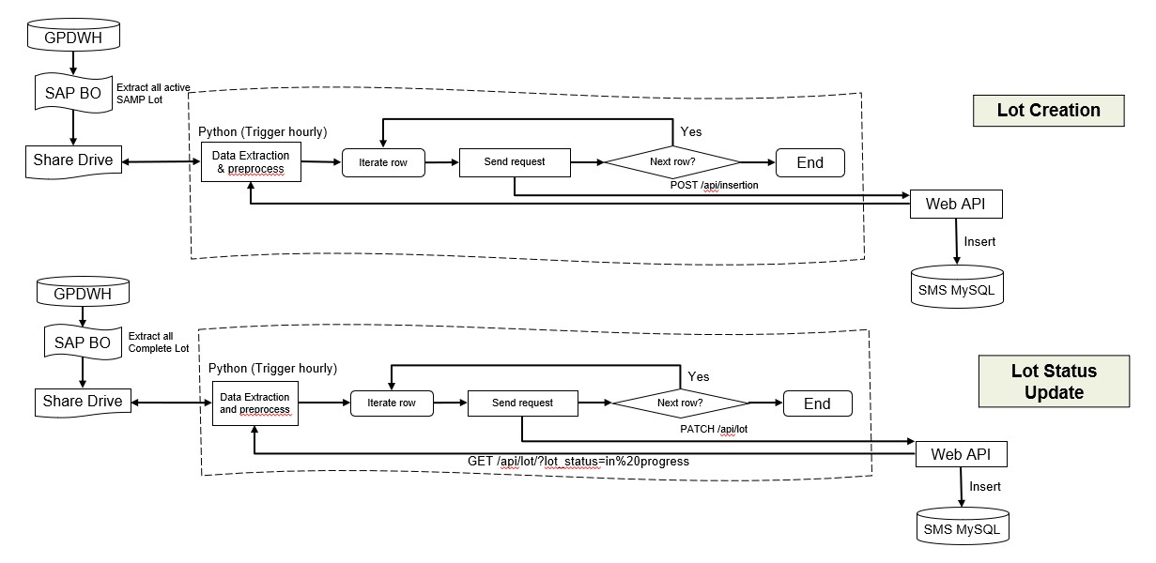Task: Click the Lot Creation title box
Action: [x=1048, y=110]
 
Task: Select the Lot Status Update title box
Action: [x=1054, y=381]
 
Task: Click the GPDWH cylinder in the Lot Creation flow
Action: [x=73, y=38]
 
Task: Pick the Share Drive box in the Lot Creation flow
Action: [x=72, y=160]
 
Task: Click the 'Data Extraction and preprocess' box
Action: [x=254, y=403]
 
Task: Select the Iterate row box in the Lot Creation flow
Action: [x=382, y=162]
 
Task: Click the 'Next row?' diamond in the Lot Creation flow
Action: [x=672, y=162]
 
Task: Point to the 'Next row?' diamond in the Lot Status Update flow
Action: [x=680, y=403]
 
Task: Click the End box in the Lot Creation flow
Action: [x=809, y=162]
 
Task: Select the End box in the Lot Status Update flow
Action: [x=817, y=403]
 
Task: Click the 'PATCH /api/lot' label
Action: [x=714, y=428]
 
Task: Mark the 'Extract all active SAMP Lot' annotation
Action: [x=153, y=92]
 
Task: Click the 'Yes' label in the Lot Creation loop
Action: [x=690, y=131]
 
